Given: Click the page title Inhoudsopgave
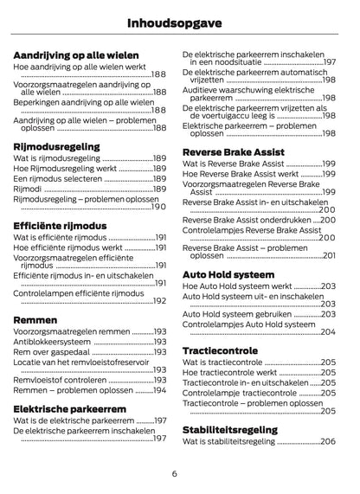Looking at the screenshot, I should pos(179,21).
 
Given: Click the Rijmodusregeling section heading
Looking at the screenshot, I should pos(57,147).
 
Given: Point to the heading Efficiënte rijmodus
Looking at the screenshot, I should pos(61,225).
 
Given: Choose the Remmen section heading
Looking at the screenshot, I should pos(36,319).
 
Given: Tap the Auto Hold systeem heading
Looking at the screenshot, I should pos(229,274).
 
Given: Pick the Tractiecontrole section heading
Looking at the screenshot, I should pos(220,350).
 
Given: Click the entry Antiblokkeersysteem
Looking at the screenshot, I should pos(52,342).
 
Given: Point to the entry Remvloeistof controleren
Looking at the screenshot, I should pos(60,380).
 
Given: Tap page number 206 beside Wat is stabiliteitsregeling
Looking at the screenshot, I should pos(327,441).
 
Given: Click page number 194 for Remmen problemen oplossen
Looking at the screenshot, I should pos(159,390).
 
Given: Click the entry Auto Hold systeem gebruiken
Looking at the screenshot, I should pos(237,315).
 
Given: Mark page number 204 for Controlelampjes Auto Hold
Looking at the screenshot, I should pos(327,331).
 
